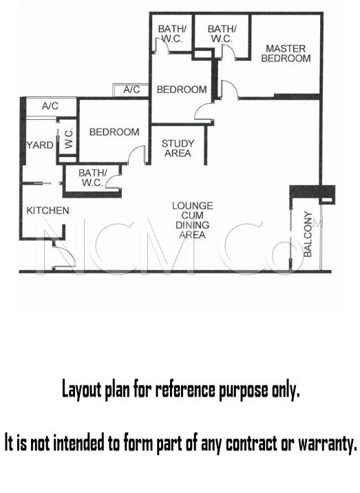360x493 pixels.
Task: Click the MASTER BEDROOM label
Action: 286,54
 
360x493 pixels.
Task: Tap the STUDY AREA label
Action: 178,149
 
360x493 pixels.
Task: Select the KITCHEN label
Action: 47,210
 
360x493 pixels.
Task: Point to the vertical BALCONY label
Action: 308,234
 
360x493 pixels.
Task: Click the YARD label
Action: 40,145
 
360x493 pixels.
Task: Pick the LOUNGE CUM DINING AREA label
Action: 193,220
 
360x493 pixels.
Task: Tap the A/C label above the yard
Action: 50,106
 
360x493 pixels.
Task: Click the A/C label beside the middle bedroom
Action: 131,90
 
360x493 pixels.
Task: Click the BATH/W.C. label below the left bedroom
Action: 93,178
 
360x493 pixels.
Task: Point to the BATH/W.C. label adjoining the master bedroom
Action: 222,34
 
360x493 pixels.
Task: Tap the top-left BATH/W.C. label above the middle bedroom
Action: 172,34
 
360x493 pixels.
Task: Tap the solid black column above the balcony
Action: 313,191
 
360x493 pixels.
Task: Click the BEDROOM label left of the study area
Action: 114,132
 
